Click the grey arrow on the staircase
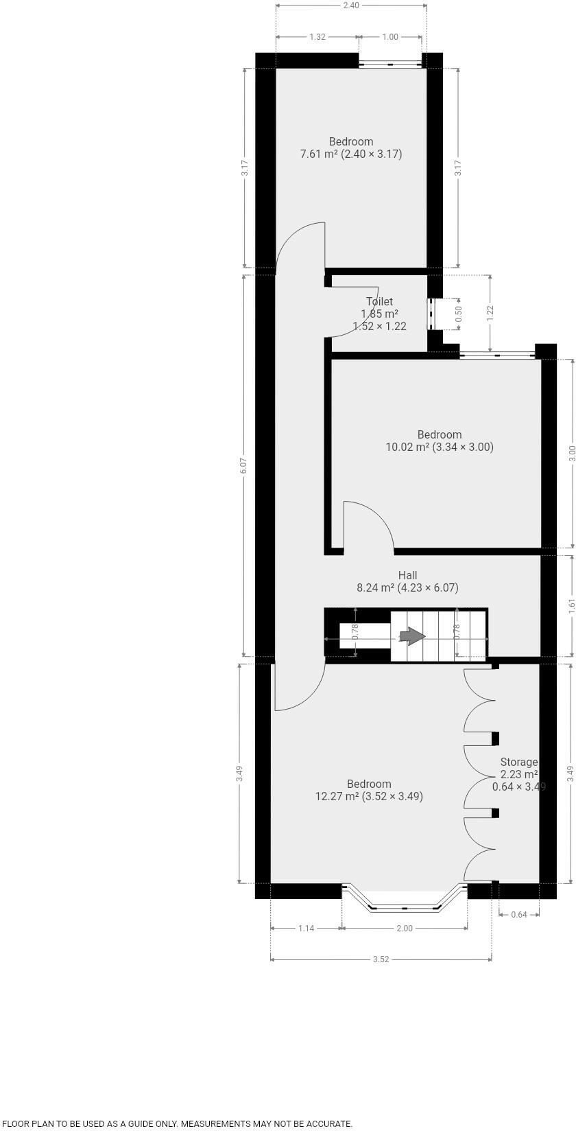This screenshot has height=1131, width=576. (x=412, y=636)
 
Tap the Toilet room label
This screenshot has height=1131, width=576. (x=379, y=301)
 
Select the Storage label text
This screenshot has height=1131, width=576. (x=518, y=762)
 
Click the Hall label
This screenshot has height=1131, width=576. (x=407, y=575)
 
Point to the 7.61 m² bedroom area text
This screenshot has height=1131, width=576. (x=351, y=154)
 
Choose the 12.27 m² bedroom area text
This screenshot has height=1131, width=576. (x=369, y=796)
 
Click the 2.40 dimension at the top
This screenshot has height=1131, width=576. (x=351, y=5)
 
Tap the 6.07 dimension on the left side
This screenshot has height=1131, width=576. (x=244, y=465)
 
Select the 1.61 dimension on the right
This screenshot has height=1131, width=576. (x=571, y=606)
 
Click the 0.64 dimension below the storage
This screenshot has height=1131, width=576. (x=519, y=914)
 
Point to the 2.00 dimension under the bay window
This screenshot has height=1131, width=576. (x=405, y=928)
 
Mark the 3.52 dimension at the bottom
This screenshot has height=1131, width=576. (x=381, y=959)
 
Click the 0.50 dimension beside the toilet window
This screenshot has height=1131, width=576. (x=459, y=313)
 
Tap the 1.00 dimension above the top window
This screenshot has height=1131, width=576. (x=390, y=37)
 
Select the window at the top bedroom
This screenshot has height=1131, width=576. (x=391, y=64)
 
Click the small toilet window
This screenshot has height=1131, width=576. (x=431, y=314)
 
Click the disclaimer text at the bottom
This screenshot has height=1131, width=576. (x=177, y=1124)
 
